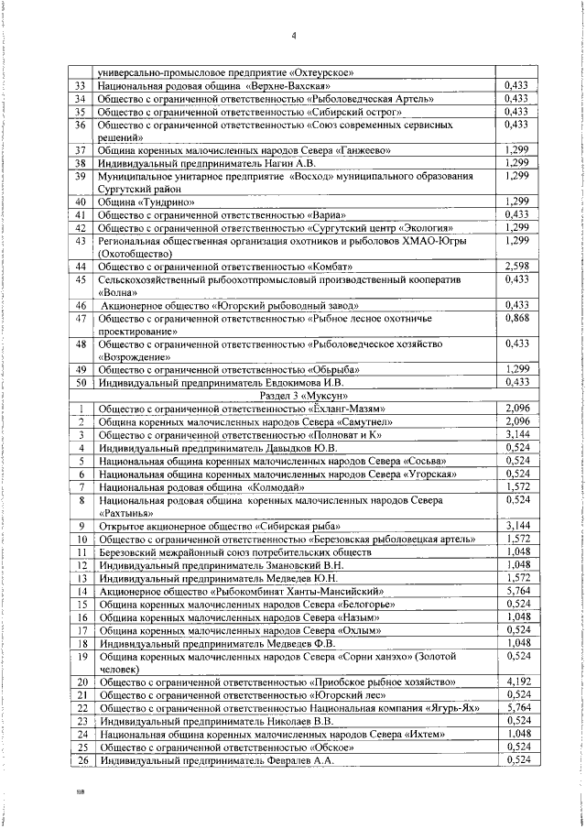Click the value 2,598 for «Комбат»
coord(518,266)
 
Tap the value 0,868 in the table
coord(518,316)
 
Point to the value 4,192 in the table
coord(518,708)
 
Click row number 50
coord(81,381)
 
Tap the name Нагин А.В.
coord(280,162)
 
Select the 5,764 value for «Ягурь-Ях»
coord(518,734)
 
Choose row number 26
coord(81,759)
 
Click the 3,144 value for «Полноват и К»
coord(518,434)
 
